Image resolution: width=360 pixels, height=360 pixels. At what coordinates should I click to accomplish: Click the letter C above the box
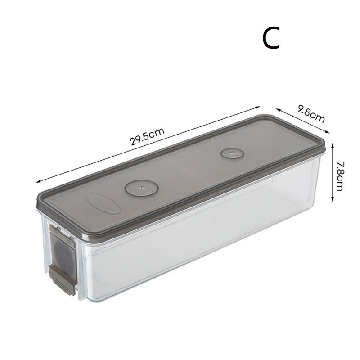271,38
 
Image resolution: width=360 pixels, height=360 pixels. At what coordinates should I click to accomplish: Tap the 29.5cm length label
147,136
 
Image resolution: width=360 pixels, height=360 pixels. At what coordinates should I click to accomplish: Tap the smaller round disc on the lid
231,153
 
